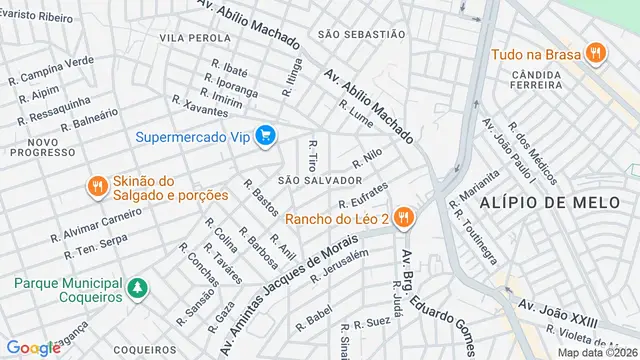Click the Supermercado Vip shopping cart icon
265,135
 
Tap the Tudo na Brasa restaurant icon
595,53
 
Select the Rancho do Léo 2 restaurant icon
403,217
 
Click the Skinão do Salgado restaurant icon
97,187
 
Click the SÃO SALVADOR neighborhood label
319,180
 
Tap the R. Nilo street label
368,159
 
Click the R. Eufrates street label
362,195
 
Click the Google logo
33,347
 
